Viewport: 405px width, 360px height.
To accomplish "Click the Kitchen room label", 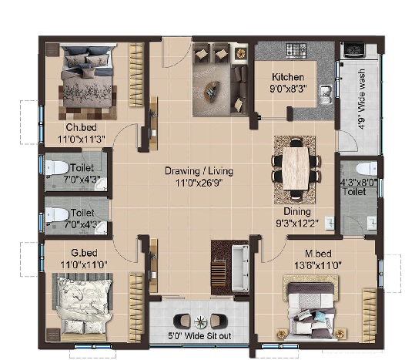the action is (288, 77).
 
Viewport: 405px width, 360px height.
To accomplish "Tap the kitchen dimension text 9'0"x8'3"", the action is (288, 89).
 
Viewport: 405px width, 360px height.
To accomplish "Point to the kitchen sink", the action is (326, 94).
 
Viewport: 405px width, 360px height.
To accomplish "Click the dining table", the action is (296, 168).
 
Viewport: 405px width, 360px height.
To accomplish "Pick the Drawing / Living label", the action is (199, 171).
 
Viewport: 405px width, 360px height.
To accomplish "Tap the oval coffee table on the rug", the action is (212, 90).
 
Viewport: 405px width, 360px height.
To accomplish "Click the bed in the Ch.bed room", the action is (88, 77).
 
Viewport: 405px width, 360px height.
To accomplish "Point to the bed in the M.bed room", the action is (310, 311).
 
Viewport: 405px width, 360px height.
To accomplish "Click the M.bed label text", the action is (318, 254).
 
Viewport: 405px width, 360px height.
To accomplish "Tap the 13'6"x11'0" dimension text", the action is (318, 265).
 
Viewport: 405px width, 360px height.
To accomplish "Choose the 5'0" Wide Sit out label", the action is (199, 336).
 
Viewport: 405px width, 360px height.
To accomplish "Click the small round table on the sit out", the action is (201, 322).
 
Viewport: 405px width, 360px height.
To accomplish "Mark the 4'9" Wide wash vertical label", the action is (362, 99).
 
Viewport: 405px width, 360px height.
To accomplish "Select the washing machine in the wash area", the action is (354, 49).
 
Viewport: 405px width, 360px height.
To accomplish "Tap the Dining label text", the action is (297, 211).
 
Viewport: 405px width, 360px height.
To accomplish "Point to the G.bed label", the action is (84, 253).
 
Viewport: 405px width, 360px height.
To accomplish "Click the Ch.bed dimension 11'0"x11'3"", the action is (82, 140).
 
